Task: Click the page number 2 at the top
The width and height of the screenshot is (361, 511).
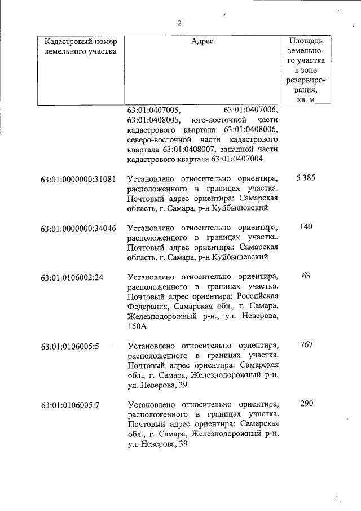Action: click(179, 23)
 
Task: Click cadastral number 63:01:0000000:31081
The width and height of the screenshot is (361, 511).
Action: click(78, 179)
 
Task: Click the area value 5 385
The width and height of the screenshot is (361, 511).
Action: click(305, 178)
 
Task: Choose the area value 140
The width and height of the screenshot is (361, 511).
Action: click(306, 227)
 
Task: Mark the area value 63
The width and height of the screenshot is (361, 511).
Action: click(306, 276)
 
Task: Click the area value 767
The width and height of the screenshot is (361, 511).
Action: click(306, 345)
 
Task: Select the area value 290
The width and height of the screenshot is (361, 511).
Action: click(306, 404)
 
